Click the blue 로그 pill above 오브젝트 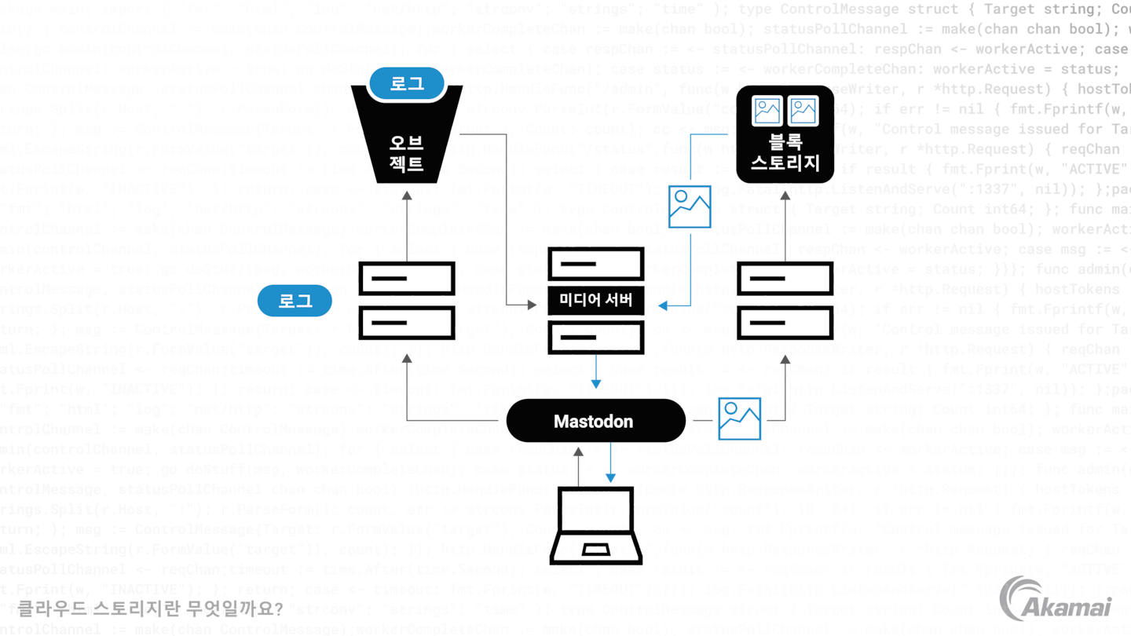(407, 84)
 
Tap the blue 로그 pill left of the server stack (296, 301)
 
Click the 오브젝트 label (406, 154)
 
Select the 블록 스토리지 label (785, 154)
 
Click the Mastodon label (593, 422)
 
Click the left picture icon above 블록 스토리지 (767, 111)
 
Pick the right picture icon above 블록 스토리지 (803, 111)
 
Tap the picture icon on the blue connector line (690, 206)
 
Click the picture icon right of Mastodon (739, 419)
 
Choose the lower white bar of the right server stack (785, 323)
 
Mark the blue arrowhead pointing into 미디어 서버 (661, 305)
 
